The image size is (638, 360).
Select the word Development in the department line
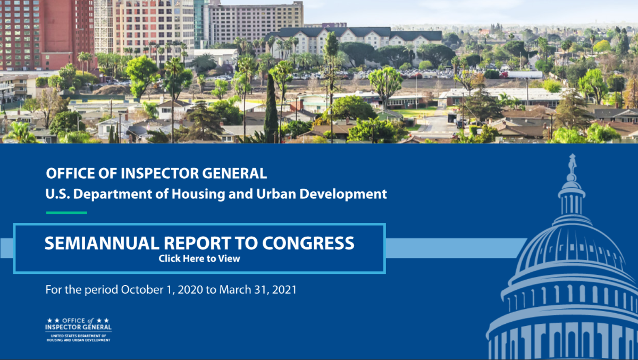343,194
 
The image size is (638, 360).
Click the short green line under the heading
66,213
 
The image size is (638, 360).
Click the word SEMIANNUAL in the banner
102,243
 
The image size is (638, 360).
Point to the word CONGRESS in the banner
308,243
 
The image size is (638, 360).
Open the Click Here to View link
199,258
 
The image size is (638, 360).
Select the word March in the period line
235,290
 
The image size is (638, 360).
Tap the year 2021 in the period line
284,290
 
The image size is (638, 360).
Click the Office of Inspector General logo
78,330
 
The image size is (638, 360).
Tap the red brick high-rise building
47,35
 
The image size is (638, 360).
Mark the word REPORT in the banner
197,243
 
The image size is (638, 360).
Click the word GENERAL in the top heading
234,173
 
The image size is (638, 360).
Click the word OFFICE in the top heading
71,173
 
